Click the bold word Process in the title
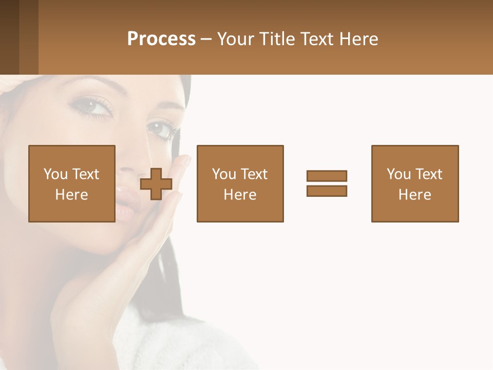[x=161, y=39]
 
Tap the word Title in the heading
[x=276, y=39]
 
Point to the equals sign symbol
[x=327, y=183]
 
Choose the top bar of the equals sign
[x=327, y=176]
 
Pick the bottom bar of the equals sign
[x=327, y=191]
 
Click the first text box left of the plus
[x=72, y=183]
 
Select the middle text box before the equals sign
[x=240, y=183]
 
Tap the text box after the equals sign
[x=414, y=183]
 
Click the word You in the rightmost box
[x=399, y=174]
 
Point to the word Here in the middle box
[x=240, y=195]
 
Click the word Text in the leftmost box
[x=85, y=174]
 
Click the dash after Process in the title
[x=206, y=40]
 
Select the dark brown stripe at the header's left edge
[x=9, y=37]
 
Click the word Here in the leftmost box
[x=72, y=195]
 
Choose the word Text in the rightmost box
[x=428, y=174]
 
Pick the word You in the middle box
[x=224, y=174]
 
